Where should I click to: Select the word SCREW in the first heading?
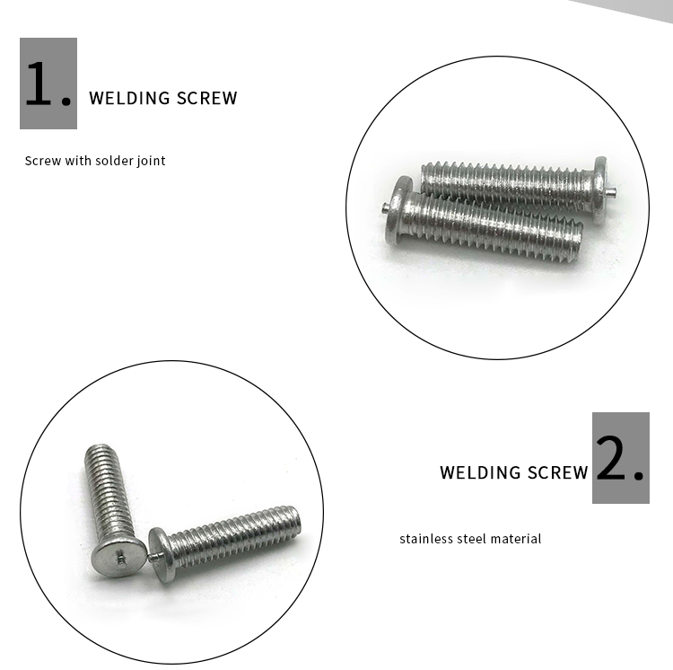point(207,98)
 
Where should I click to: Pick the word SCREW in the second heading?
point(558,472)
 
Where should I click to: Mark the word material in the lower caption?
point(518,539)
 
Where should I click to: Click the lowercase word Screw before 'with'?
point(41,161)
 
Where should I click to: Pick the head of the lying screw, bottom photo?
point(162,552)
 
